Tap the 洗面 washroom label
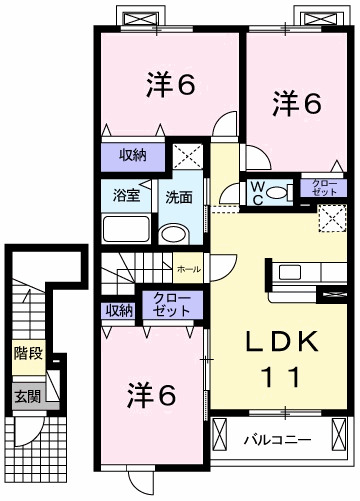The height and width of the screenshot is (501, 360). point(178,196)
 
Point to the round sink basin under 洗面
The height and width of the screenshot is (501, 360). point(175,235)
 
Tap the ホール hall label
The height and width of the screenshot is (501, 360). point(188,270)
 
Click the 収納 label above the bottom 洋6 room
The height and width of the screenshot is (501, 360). point(119,310)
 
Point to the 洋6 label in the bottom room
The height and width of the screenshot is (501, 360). point(150,395)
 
